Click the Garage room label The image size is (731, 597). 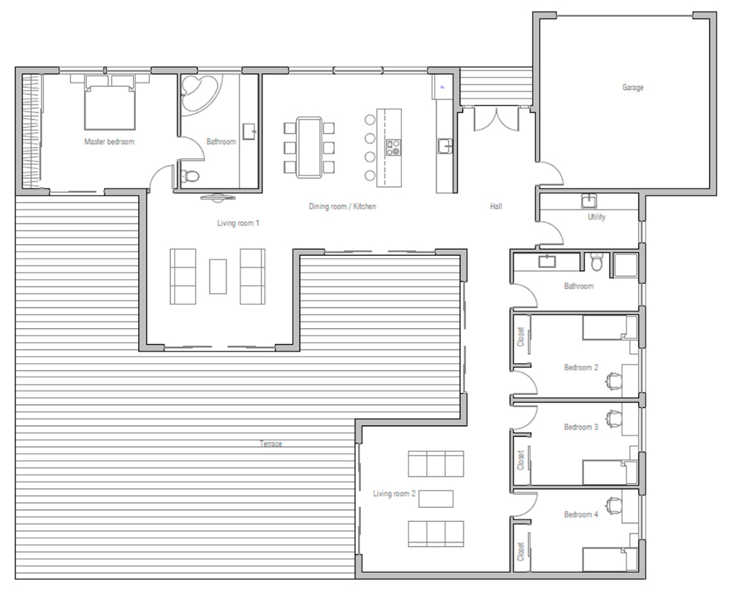(632, 87)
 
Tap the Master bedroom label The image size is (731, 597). (109, 141)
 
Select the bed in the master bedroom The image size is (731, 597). (110, 102)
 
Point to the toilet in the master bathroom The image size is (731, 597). (189, 175)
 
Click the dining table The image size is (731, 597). (309, 147)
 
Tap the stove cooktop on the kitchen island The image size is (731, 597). (393, 148)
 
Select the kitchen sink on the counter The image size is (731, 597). (445, 146)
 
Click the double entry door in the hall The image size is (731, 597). (496, 119)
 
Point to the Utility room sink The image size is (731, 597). (589, 201)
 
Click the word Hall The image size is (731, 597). (496, 206)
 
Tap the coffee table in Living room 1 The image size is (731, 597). (218, 276)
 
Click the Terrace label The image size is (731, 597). (271, 444)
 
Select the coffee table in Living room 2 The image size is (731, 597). (436, 498)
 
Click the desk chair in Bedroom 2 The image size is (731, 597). (614, 381)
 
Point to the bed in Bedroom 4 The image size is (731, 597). (610, 559)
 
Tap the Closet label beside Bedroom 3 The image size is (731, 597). (520, 460)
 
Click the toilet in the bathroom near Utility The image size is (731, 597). (596, 262)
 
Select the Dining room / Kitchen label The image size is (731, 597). (342, 206)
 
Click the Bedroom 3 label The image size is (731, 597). (581, 427)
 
